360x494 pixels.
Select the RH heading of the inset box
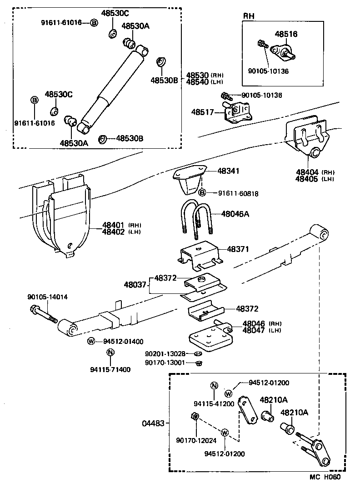point(249,15)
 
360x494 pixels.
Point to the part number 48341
point(228,171)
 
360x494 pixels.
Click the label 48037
point(135,285)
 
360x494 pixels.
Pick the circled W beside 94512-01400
point(91,342)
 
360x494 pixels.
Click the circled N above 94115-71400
point(110,352)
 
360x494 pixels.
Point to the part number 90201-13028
point(165,354)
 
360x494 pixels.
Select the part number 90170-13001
point(165,363)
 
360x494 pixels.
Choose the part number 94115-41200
point(214,403)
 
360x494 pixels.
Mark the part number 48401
point(114,225)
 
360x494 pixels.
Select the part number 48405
point(308,179)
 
